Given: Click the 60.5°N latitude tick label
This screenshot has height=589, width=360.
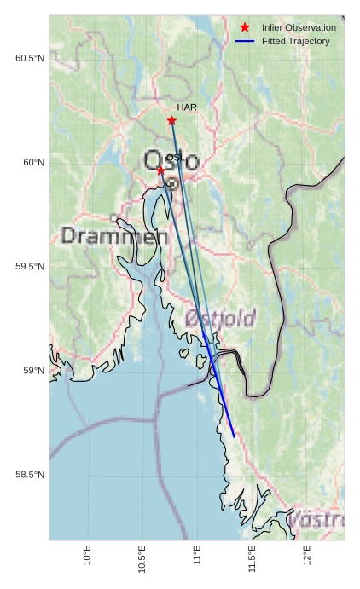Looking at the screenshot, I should click(30, 58).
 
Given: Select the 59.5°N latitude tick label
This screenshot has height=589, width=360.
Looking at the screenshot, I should click(30, 266).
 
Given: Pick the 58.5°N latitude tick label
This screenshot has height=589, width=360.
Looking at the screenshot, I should click(30, 474).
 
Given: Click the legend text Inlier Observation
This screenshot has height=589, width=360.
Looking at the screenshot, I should click(299, 28).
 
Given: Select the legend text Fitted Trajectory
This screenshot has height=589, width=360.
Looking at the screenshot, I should click(296, 41).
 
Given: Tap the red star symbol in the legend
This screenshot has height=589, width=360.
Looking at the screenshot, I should click(245, 28).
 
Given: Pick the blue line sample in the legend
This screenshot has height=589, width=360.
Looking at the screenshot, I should click(245, 41).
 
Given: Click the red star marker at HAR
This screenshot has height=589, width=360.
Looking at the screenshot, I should click(171, 120).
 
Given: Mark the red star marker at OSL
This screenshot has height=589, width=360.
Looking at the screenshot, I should click(160, 170).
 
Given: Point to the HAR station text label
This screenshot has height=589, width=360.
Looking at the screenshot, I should click(187, 108).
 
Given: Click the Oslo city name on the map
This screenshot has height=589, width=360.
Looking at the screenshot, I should click(171, 161).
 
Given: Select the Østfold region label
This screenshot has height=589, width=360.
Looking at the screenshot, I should click(220, 319).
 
